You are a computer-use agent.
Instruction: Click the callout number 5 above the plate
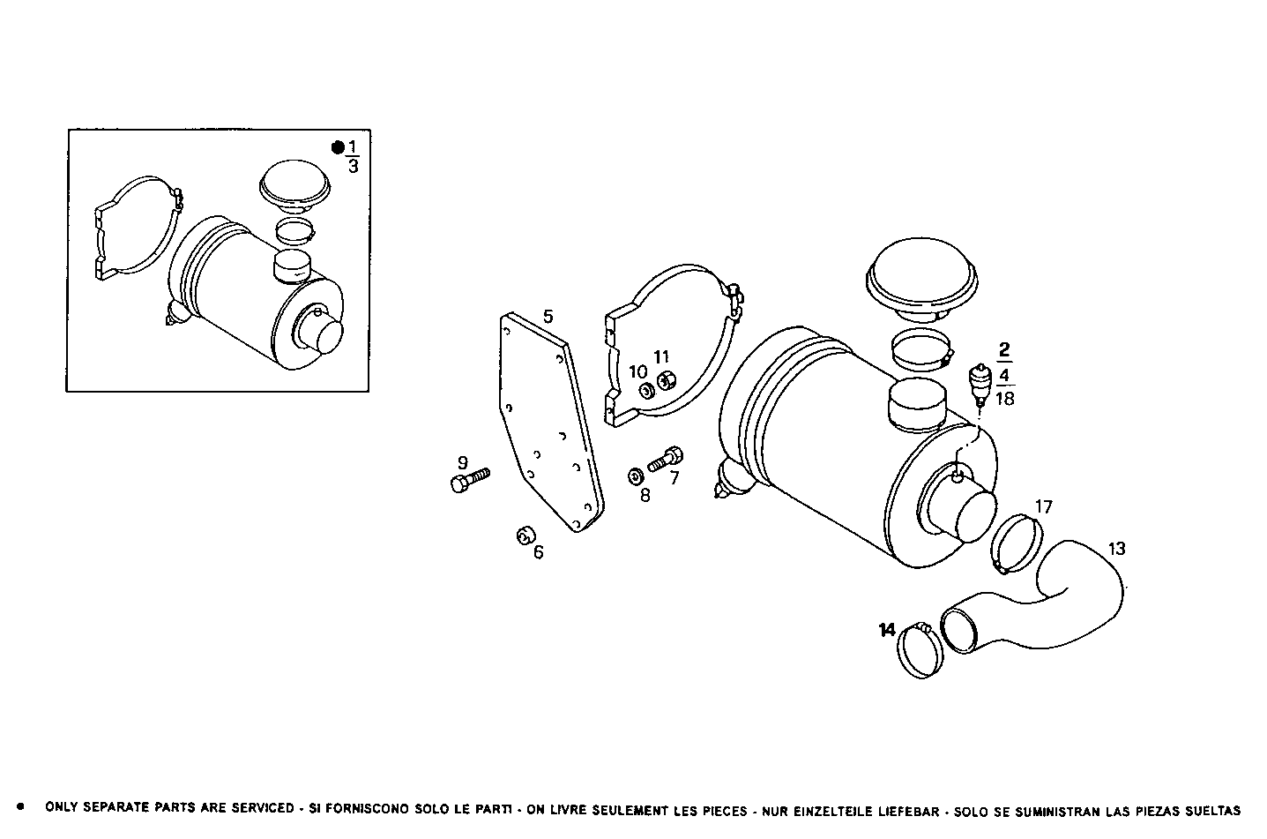[548, 317]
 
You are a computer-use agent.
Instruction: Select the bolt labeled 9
[467, 482]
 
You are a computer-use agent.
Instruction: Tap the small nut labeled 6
[526, 535]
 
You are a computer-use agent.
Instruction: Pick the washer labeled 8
[635, 476]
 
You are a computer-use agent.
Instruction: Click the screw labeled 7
[666, 459]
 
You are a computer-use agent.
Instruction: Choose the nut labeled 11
[667, 381]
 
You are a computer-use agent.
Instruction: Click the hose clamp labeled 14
[919, 650]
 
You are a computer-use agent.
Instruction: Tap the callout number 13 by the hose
[1116, 549]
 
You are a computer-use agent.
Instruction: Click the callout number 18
[1004, 399]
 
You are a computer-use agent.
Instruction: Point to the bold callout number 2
[1004, 348]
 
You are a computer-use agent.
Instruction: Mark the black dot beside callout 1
[338, 147]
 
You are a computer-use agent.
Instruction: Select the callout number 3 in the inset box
[353, 166]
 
